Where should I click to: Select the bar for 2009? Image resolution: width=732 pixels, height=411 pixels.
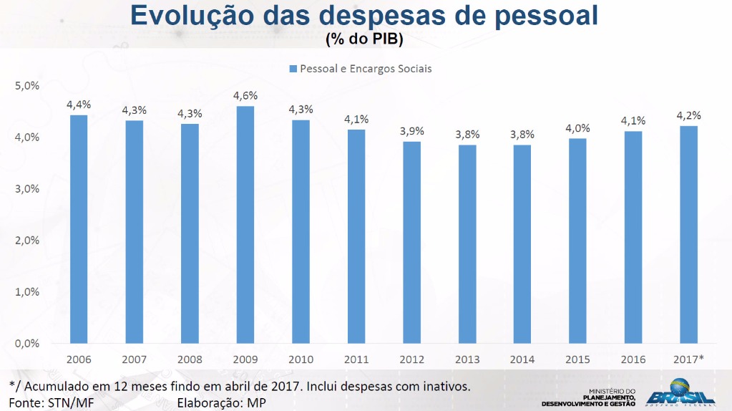click(x=245, y=225)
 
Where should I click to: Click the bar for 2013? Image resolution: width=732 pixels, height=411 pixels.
click(x=467, y=244)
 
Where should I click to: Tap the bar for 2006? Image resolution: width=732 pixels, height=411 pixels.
click(x=79, y=229)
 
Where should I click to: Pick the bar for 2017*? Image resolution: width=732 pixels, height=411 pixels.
click(x=688, y=235)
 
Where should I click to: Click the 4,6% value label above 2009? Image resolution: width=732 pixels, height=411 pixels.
click(x=245, y=96)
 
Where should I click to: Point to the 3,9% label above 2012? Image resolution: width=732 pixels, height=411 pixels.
click(x=412, y=131)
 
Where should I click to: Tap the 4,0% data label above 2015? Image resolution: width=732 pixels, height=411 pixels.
click(x=578, y=128)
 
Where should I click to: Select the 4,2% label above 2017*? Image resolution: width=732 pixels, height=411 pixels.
click(x=688, y=115)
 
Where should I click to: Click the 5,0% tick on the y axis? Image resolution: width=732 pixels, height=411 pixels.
click(x=26, y=86)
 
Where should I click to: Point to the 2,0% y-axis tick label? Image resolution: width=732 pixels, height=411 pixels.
click(x=26, y=241)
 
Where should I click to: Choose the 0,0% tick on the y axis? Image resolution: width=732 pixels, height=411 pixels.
click(x=26, y=344)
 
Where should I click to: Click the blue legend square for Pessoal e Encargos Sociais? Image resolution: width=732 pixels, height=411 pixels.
click(x=293, y=69)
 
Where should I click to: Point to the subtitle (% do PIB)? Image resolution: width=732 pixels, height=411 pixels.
click(x=364, y=39)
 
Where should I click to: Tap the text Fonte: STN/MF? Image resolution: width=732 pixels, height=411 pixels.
click(x=52, y=402)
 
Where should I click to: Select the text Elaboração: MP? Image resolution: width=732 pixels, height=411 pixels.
click(x=221, y=402)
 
